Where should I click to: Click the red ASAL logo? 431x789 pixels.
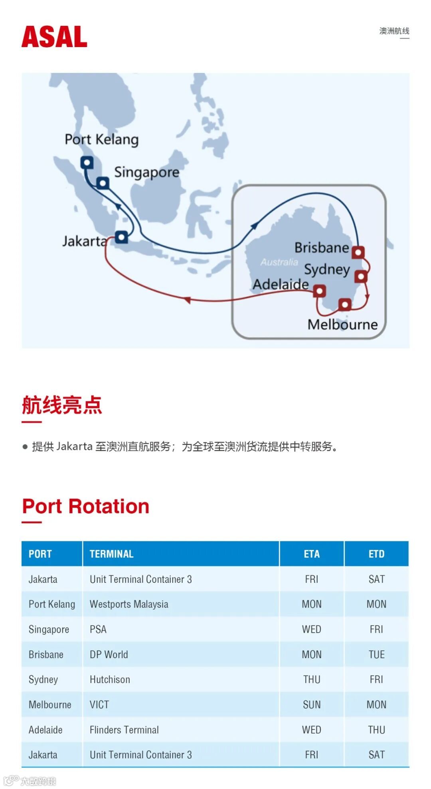(x=54, y=37)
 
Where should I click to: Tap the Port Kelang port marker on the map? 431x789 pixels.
(x=87, y=163)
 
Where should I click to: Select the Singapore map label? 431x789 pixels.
(x=147, y=172)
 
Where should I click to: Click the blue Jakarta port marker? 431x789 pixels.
(x=121, y=237)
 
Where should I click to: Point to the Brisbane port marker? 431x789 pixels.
(x=358, y=252)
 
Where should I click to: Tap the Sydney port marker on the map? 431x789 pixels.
(x=361, y=276)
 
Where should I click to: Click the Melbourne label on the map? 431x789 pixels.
(x=342, y=325)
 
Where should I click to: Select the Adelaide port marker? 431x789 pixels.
(x=319, y=291)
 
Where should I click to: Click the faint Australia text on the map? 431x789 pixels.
(x=279, y=262)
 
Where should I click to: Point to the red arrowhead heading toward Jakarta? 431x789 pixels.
(x=187, y=299)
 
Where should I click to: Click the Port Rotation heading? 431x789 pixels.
(x=85, y=506)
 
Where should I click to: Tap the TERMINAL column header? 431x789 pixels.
(x=111, y=554)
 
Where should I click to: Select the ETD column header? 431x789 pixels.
(x=376, y=554)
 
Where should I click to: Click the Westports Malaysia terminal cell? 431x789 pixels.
(x=129, y=604)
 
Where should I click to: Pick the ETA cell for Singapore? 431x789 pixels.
(x=311, y=629)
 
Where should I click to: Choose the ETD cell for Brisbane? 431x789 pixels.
(x=376, y=654)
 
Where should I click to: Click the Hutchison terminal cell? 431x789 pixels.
(x=110, y=679)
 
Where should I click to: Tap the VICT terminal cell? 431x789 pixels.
(x=99, y=704)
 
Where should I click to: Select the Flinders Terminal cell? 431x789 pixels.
(x=124, y=730)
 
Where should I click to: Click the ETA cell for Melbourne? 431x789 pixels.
(x=311, y=704)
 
